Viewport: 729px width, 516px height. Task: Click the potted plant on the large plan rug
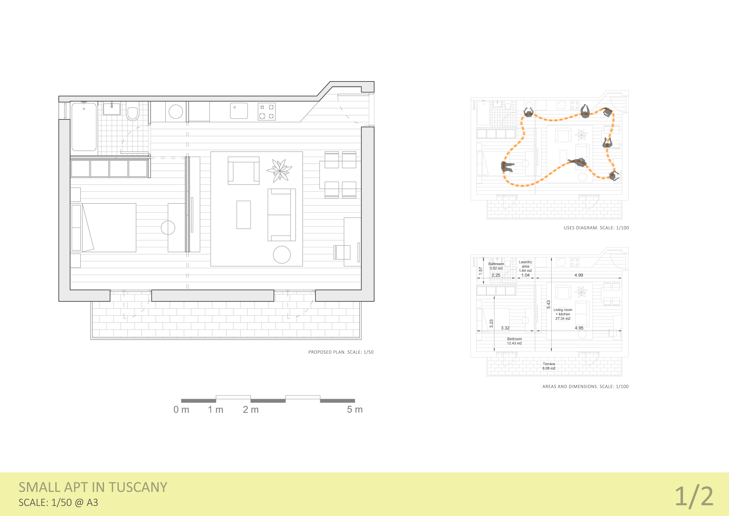(x=279, y=171)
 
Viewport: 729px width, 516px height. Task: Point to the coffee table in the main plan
(x=243, y=215)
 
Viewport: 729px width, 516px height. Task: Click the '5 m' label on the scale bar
(x=355, y=410)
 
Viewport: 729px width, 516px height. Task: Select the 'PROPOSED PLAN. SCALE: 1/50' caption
(x=341, y=352)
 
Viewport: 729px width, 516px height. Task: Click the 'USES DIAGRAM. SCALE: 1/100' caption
(x=596, y=228)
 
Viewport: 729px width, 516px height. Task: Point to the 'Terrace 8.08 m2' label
(x=549, y=366)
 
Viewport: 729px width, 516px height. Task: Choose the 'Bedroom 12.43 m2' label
(x=514, y=341)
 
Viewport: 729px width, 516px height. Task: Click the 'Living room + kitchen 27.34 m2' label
(x=563, y=314)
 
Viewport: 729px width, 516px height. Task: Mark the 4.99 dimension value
(x=579, y=275)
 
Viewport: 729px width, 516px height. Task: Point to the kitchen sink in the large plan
(x=239, y=111)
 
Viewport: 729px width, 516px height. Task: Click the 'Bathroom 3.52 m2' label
(x=496, y=266)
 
